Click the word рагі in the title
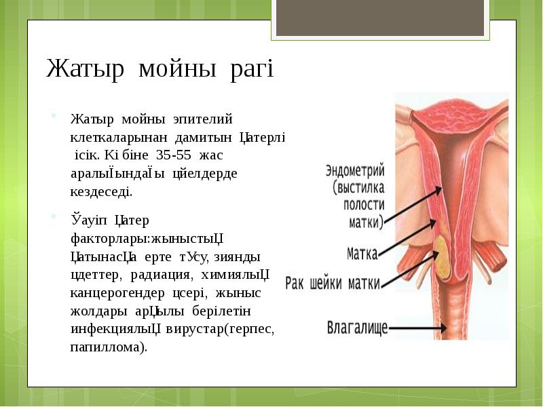tap(251, 70)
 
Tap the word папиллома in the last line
tap(107, 347)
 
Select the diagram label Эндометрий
tap(355, 169)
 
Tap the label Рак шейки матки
tap(332, 282)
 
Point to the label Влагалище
tap(357, 329)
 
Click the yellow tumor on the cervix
tap(444, 258)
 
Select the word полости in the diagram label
tap(364, 204)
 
